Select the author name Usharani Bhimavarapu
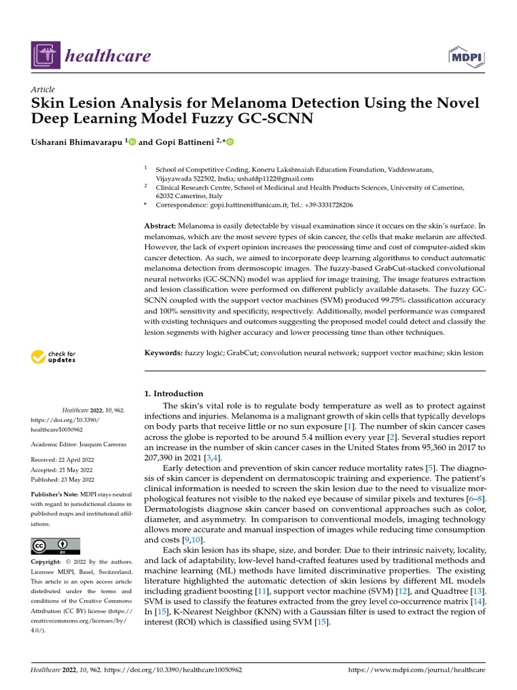(75, 142)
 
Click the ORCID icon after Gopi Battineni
(230, 142)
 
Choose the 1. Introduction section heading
(174, 394)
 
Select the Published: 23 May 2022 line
(63, 479)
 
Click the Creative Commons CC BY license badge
(56, 546)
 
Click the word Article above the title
(43, 89)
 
